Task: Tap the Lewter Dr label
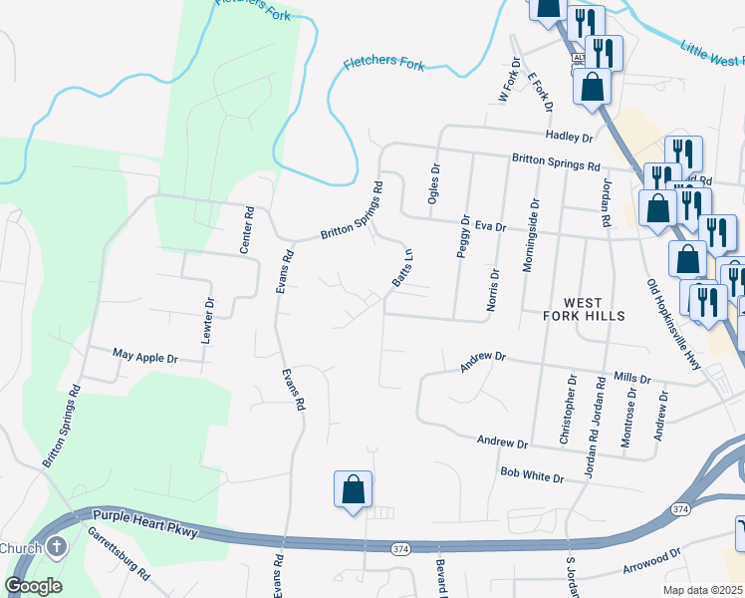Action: [x=208, y=320]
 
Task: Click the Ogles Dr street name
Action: [x=433, y=183]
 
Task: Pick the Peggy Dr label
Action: [x=463, y=235]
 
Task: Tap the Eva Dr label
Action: [x=491, y=226]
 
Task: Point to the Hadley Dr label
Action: [x=569, y=136]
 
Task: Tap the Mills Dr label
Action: [x=631, y=379]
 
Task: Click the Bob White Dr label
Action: [x=532, y=477]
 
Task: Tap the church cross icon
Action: [x=58, y=546]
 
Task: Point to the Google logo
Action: [x=34, y=585]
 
